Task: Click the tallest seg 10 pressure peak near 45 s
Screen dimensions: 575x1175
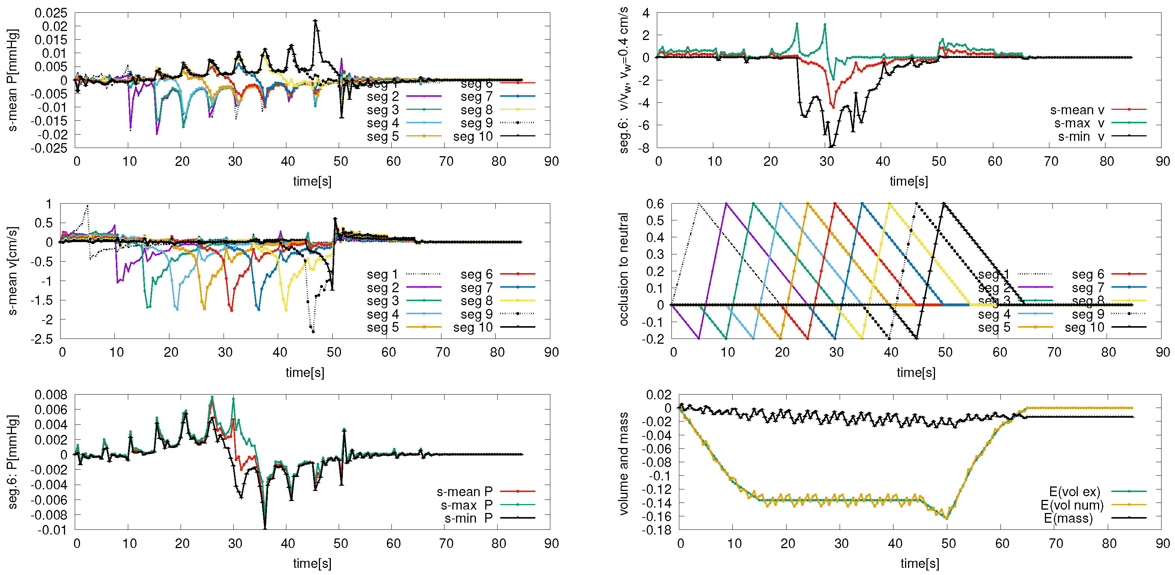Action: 315,21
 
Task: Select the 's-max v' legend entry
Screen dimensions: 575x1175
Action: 1079,123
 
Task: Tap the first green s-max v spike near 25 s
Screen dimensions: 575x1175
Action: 797,24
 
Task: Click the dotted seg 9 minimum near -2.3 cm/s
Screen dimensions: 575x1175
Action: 313,331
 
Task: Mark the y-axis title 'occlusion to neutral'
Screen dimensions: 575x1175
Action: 624,269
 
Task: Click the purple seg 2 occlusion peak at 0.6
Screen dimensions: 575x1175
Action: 726,204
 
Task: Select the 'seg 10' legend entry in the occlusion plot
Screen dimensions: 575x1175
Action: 1084,327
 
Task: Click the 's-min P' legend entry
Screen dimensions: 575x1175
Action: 468,519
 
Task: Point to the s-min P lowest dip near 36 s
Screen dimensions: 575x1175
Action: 265,528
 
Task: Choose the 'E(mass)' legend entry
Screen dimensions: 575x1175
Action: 1068,519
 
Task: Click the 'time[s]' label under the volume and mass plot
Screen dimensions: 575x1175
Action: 919,563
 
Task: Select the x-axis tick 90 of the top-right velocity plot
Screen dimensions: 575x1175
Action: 1163,161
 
